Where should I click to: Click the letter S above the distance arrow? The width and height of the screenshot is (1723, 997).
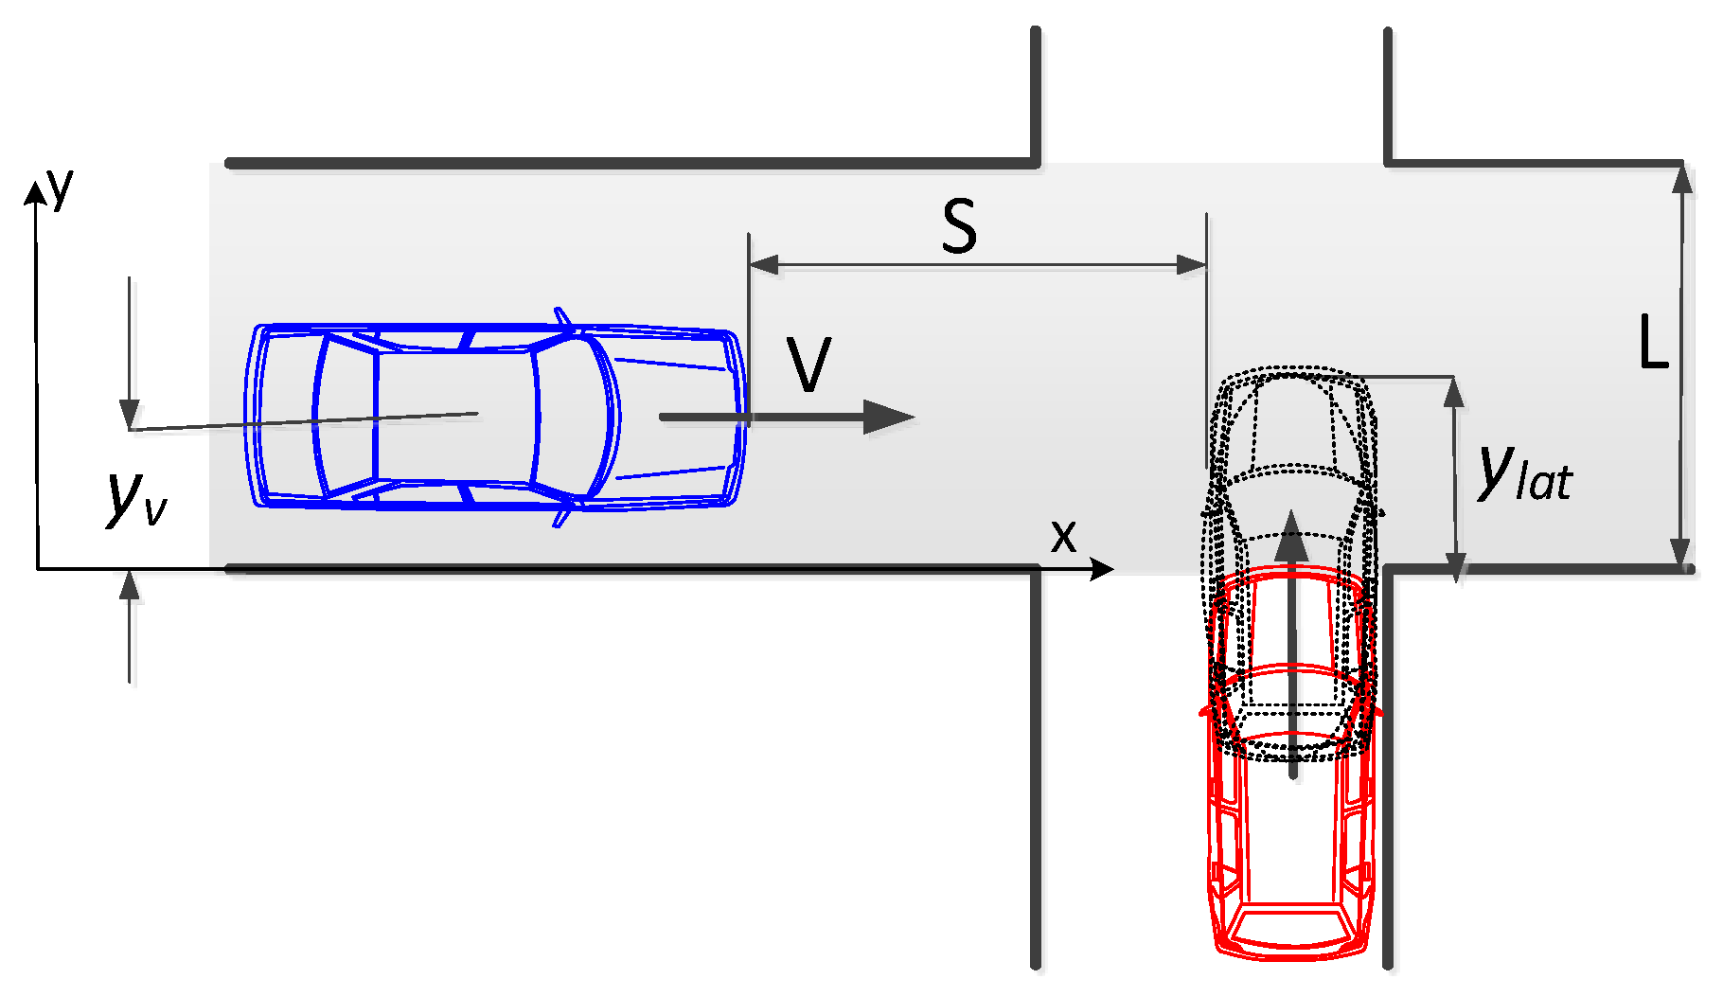[959, 228]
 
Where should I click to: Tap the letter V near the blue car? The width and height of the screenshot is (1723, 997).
[808, 366]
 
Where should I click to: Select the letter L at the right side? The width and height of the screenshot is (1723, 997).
[1653, 343]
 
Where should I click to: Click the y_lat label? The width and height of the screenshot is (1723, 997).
[1523, 473]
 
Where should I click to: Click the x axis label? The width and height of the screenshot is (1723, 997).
[1063, 537]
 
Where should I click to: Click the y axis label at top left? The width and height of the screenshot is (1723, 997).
[62, 187]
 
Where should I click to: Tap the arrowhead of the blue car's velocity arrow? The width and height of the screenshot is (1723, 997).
[890, 417]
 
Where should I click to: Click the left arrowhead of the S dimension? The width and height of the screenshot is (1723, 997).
[763, 264]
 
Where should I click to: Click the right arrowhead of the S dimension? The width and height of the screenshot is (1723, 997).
[1192, 264]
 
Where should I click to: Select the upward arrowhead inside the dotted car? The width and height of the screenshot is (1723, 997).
[1291, 536]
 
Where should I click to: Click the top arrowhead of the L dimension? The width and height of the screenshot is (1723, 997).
[1681, 179]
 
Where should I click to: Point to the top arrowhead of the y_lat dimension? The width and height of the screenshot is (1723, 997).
[1454, 391]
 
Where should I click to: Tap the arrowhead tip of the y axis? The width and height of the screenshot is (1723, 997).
[35, 191]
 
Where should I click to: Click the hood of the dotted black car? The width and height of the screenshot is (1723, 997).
[1291, 417]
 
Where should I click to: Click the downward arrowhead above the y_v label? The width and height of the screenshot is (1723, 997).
[130, 415]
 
